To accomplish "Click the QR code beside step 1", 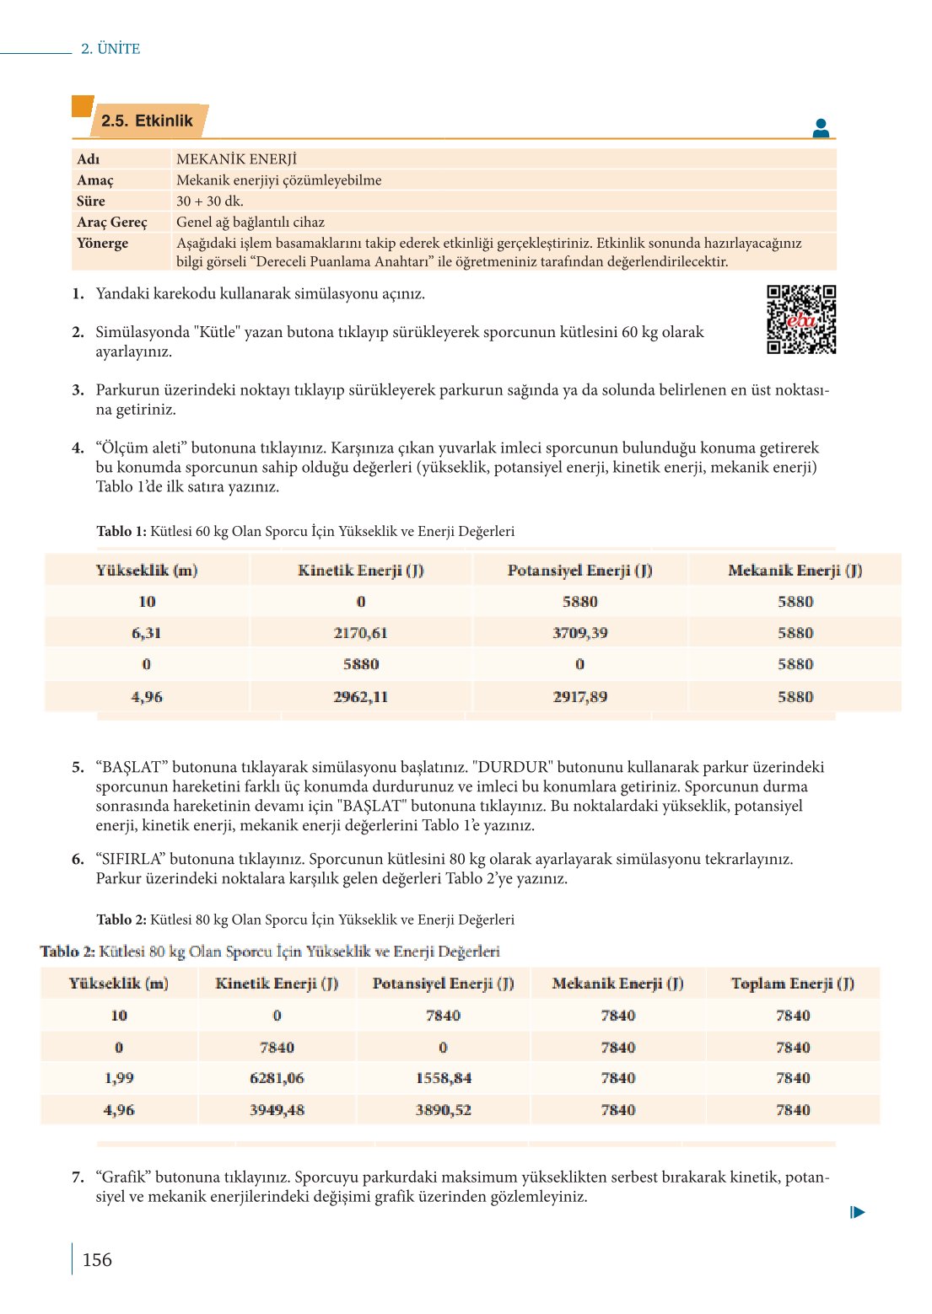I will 800,319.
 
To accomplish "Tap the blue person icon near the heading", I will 820,128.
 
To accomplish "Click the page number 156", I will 97,1259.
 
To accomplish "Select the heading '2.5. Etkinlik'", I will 147,121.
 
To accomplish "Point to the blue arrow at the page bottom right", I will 858,1212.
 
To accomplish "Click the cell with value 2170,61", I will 360,633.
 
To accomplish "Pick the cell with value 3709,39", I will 579,633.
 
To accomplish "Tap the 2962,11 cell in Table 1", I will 360,697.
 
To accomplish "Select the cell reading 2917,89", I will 579,697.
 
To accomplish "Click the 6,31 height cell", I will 147,633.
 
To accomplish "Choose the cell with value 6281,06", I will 277,1078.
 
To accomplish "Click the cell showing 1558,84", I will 443,1078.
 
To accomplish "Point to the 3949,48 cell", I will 277,1110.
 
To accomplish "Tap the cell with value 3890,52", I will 443,1110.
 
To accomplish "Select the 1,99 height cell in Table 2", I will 119,1078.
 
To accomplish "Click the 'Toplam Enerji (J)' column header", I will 792,984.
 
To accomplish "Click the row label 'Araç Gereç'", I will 111,223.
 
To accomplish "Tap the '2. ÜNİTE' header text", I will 110,49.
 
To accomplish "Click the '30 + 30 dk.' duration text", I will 209,201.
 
